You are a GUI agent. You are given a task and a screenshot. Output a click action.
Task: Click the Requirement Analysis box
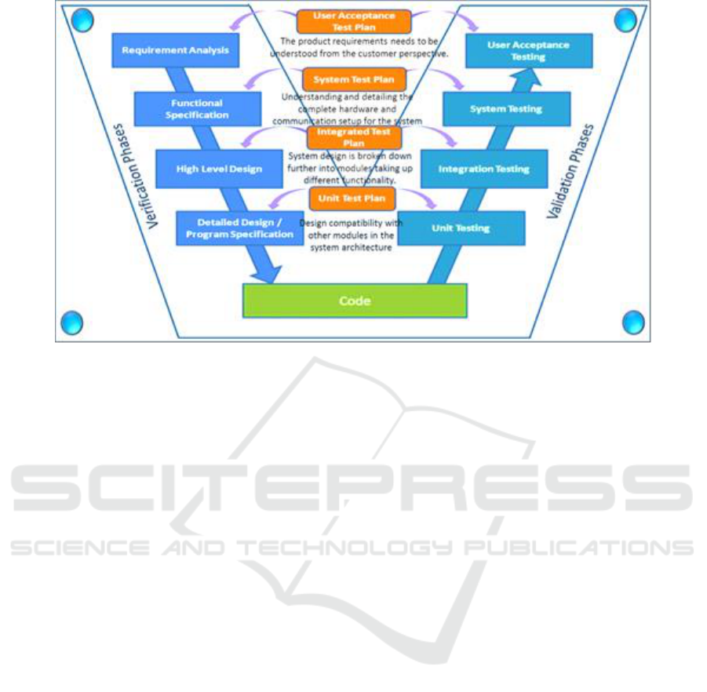pos(175,50)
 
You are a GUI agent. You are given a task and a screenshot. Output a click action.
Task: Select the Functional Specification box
pos(197,109)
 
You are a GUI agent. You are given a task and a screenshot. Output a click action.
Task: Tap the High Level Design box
pos(219,169)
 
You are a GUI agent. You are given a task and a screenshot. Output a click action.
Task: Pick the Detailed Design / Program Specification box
pos(239,228)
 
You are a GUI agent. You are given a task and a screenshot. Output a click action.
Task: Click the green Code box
pos(355,300)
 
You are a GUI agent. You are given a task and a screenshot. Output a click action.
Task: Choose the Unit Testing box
pos(461,228)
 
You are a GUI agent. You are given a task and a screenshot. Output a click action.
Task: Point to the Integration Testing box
pos(483,169)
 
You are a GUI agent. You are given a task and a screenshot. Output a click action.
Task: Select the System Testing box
pos(505,109)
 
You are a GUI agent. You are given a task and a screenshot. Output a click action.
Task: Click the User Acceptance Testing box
pos(528,50)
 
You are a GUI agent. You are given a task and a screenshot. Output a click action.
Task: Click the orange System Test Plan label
pos(355,79)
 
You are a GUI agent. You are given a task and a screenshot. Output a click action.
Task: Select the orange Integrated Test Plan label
pos(354,138)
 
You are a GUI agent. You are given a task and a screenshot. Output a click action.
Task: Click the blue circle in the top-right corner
pos(625,20)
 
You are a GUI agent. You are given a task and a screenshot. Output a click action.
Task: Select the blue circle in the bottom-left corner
pos(71,322)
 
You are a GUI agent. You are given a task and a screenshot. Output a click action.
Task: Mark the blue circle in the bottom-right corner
pos(633,322)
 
